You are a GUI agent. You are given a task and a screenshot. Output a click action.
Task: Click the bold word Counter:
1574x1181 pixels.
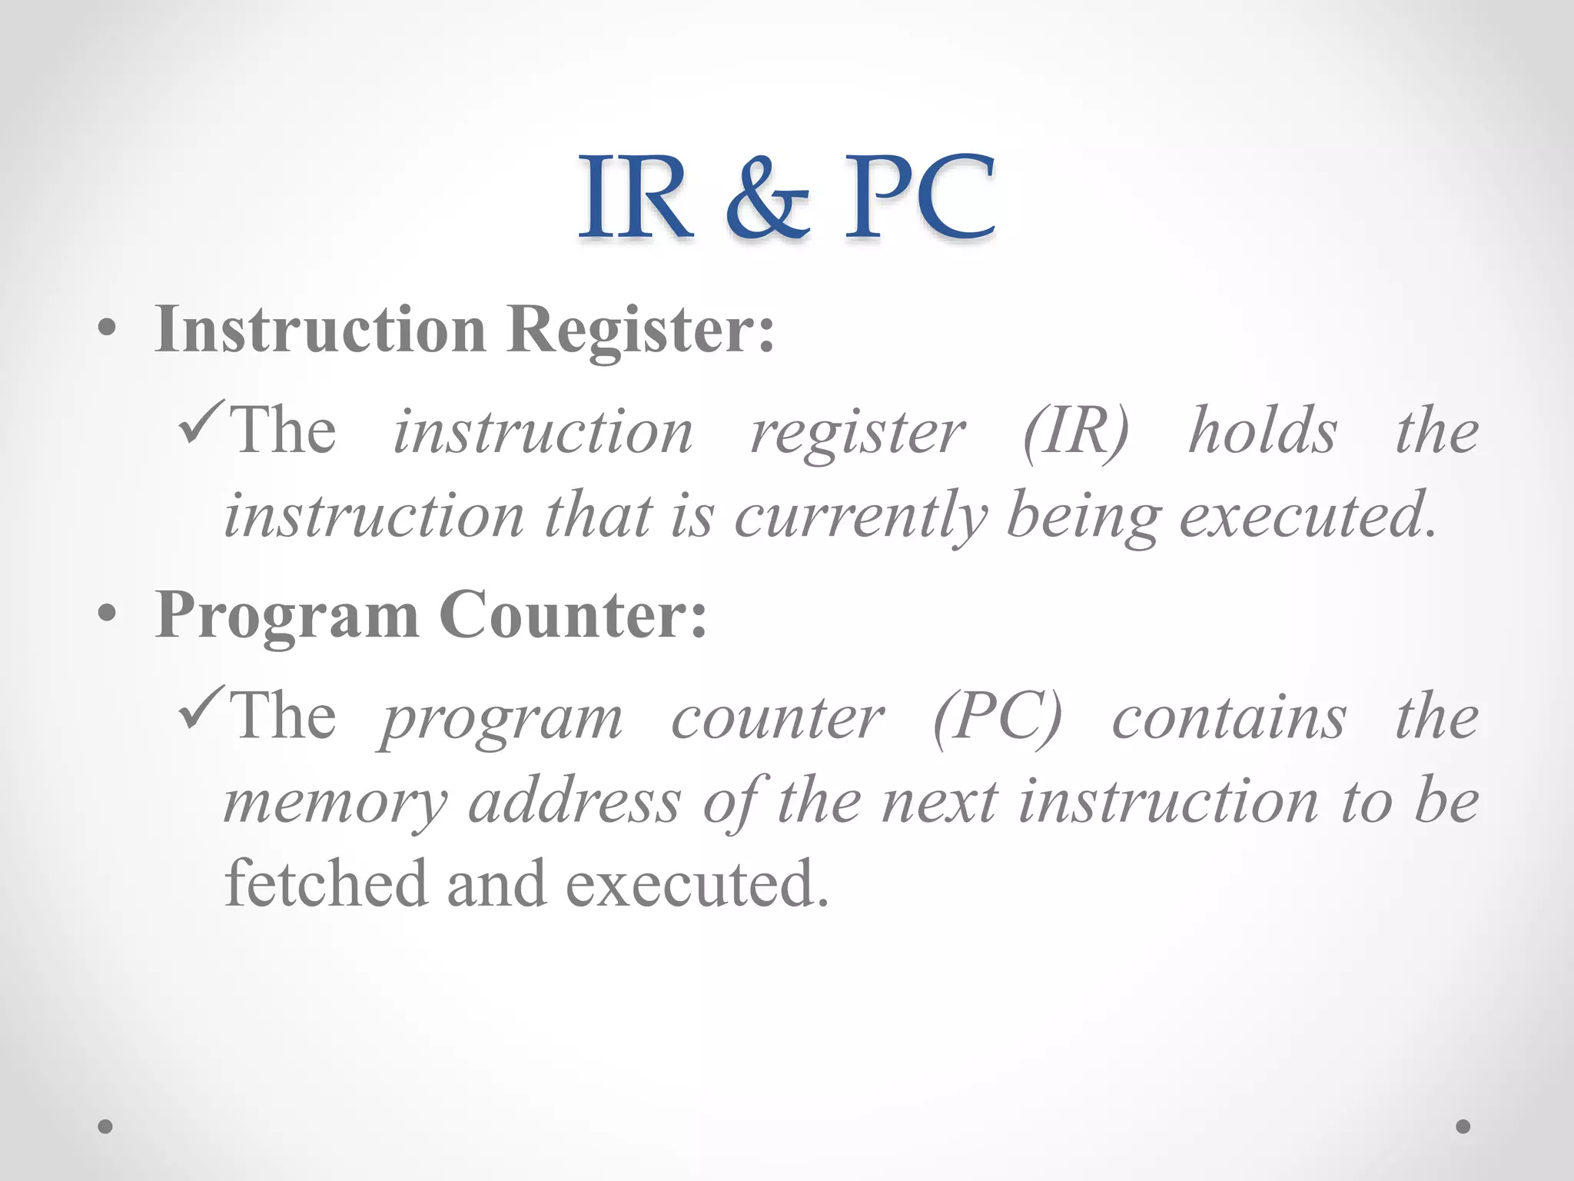click(573, 615)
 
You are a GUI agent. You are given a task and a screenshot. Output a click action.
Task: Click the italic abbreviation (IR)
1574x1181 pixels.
click(1076, 432)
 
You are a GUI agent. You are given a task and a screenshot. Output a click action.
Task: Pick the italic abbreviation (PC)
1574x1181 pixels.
click(997, 718)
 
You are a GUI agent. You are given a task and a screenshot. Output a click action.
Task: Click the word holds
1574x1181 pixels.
click(1263, 431)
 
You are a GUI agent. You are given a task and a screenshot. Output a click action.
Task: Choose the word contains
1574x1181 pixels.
click(1229, 718)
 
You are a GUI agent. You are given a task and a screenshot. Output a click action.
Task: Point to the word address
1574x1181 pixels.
click(575, 801)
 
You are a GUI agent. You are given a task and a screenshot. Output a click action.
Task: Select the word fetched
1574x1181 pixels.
click(326, 884)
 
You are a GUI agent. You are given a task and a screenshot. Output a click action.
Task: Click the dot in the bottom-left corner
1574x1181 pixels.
click(105, 1126)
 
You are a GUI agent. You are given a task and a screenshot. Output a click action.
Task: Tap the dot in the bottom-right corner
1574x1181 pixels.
click(1463, 1126)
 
